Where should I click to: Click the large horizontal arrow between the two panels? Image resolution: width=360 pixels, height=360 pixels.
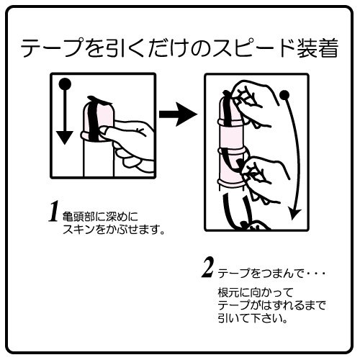point(178,114)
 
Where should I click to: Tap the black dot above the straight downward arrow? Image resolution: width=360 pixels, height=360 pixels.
point(65,84)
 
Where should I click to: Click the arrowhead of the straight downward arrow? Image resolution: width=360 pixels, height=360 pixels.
point(64,138)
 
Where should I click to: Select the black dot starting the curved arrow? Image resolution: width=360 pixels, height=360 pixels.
point(285,95)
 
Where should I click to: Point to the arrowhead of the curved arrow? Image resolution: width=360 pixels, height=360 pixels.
point(294,214)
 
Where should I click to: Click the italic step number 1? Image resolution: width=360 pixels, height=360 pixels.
point(53,211)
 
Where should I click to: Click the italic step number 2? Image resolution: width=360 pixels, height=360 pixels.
point(208,267)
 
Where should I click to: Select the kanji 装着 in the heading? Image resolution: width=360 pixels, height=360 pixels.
point(318,48)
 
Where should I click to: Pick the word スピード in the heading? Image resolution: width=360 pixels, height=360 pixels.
point(253,48)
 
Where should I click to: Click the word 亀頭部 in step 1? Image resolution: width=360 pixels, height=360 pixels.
point(78,217)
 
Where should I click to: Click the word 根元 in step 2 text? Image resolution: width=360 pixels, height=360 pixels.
point(228,292)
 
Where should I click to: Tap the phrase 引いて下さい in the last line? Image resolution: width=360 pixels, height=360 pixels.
point(250,318)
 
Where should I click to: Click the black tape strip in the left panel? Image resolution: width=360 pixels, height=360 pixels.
point(92,121)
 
